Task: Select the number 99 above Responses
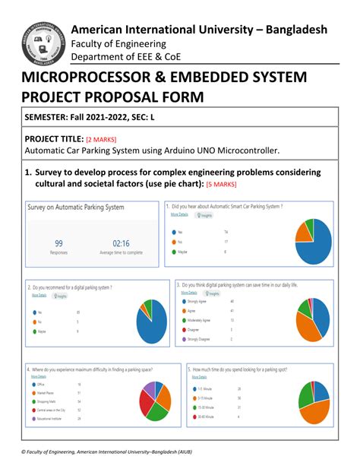tap(58, 244)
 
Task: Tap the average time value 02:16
tap(112, 244)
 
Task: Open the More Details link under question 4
tap(39, 376)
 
